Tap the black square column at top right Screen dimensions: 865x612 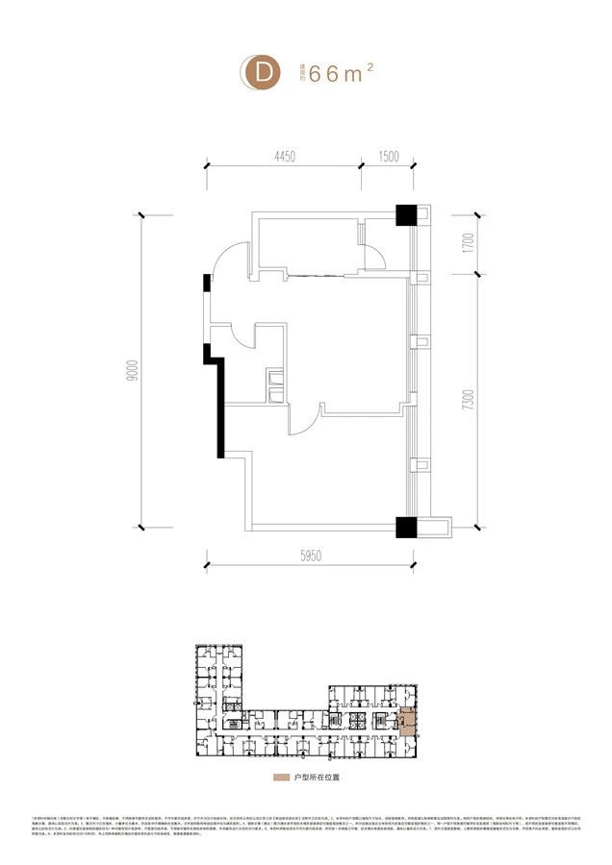pyautogui.click(x=404, y=215)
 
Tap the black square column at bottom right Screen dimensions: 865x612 pyautogui.click(x=404, y=527)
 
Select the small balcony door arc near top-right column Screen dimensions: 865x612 pyautogui.click(x=376, y=258)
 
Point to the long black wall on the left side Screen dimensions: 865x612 pyautogui.click(x=220, y=404)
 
